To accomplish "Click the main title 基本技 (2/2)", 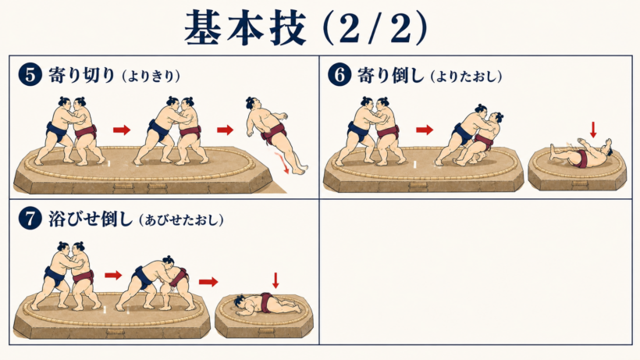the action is coord(306,28).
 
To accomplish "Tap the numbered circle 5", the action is coord(30,75).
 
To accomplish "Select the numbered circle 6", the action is coord(340,75).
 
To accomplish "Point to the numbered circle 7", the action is coord(30,219).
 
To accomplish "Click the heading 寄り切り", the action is coord(82,75).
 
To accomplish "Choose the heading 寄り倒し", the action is coord(391,75).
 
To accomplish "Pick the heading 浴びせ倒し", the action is coord(91,219).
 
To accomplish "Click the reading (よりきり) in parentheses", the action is coord(151,77).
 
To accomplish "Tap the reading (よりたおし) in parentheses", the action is coord(466,77).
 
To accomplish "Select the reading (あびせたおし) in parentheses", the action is coord(181,220).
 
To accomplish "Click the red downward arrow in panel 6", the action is coord(593,130).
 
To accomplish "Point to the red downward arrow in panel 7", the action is coord(276,281).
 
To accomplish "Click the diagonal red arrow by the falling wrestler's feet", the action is coord(283,163).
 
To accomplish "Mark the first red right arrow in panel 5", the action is coord(122,130).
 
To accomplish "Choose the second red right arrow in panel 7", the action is coord(208,282).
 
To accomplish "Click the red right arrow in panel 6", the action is coord(425,130).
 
